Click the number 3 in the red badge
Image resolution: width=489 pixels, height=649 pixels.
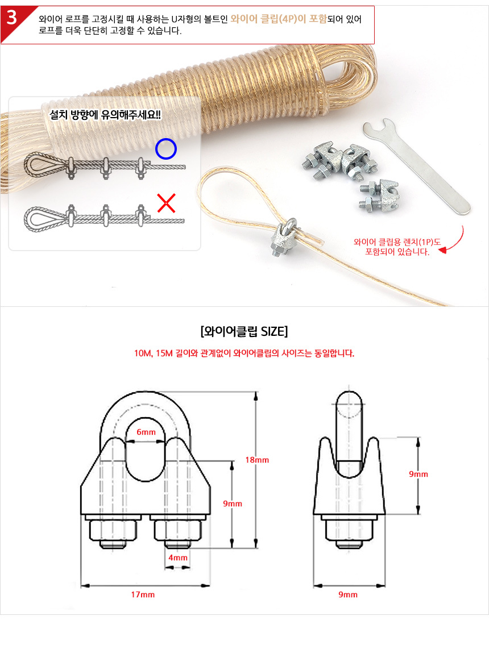tap(11, 18)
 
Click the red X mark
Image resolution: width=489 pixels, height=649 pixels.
tap(166, 203)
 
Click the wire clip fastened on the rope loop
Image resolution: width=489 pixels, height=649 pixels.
tap(284, 237)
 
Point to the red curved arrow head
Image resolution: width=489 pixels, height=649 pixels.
tap(442, 250)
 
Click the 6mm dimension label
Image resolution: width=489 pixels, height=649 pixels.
tap(146, 432)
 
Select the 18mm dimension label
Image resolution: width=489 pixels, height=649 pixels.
tap(257, 460)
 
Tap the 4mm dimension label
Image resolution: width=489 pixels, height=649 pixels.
tap(177, 558)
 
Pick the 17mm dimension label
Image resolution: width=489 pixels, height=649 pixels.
tap(143, 594)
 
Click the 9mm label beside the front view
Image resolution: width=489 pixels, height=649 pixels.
tap(233, 504)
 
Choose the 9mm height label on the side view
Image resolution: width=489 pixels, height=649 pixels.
tap(418, 475)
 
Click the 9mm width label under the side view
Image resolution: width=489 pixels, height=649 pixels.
tap(348, 594)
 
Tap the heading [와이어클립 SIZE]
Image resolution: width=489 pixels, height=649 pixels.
tap(244, 331)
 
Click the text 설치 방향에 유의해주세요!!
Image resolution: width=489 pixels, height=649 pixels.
tap(105, 114)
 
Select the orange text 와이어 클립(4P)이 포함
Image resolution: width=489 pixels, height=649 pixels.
tap(279, 19)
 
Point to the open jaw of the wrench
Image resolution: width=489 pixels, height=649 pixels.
tap(380, 127)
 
